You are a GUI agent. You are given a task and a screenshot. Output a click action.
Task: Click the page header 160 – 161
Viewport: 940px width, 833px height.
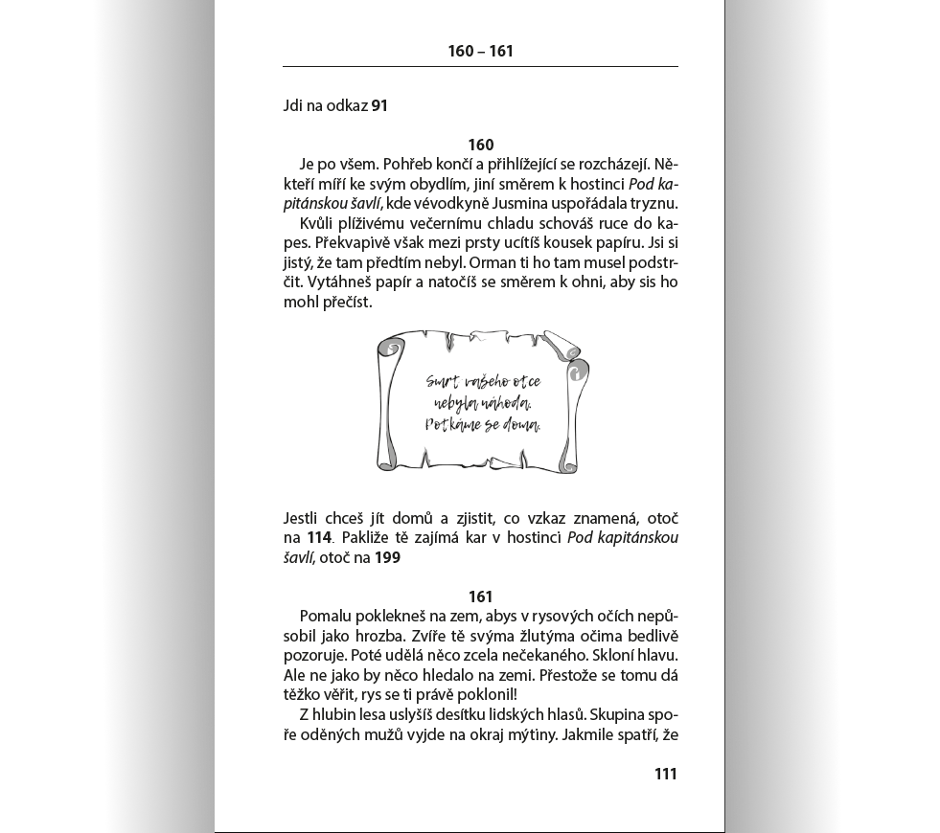pos(480,51)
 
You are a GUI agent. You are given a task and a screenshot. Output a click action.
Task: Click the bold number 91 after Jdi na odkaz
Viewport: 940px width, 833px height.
pos(379,105)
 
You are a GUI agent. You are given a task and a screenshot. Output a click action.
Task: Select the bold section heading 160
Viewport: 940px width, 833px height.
pos(480,145)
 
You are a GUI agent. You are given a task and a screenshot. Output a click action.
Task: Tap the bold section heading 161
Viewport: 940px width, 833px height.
pos(480,597)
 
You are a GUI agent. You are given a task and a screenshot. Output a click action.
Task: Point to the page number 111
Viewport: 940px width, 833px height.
pos(665,774)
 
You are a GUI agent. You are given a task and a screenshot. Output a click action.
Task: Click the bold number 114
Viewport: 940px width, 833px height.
pos(319,538)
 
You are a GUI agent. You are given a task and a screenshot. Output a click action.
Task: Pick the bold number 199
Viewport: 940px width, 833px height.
pos(387,558)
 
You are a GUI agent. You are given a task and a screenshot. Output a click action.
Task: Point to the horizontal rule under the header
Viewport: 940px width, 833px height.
pos(480,67)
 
